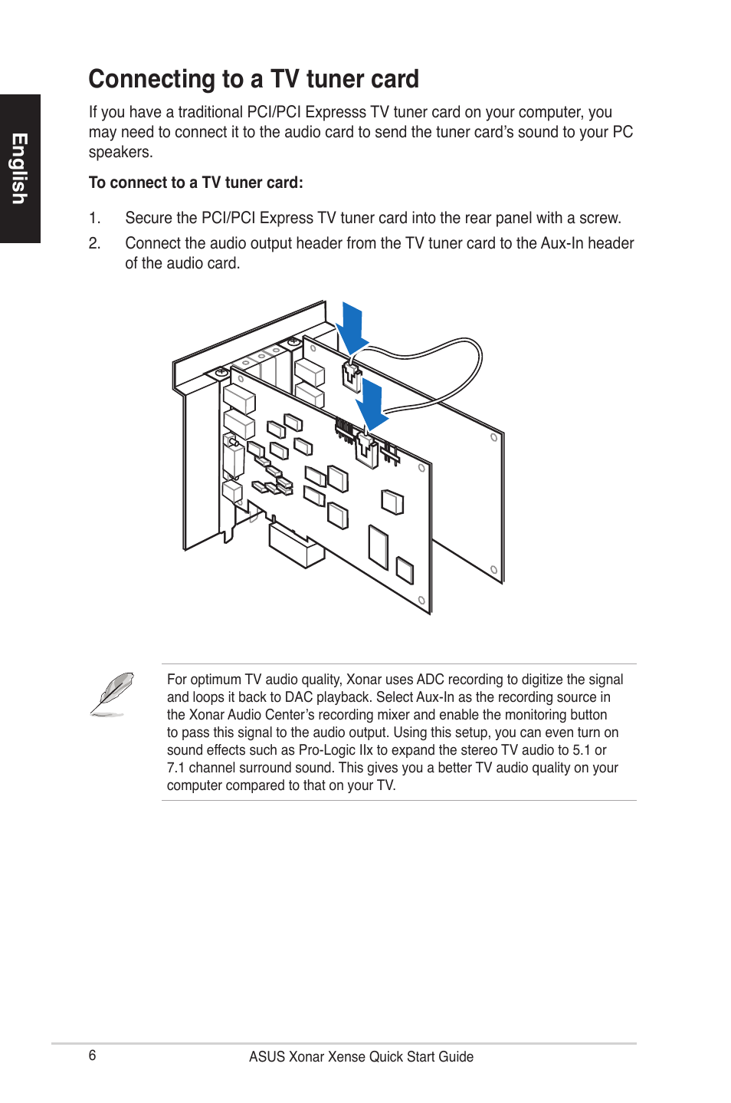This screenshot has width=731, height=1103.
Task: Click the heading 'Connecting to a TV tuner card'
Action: [x=254, y=79]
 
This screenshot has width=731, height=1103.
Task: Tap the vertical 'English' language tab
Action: [x=20, y=169]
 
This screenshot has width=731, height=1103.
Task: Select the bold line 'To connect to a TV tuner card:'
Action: [x=196, y=183]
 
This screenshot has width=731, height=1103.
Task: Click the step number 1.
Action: [x=94, y=218]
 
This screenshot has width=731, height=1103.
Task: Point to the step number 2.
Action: [x=94, y=243]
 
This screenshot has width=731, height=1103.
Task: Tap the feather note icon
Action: [x=112, y=694]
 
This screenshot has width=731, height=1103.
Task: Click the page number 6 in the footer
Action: [x=93, y=1055]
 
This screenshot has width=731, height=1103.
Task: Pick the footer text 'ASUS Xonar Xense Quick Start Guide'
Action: [x=361, y=1057]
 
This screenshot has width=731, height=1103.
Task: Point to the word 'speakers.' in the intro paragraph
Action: [x=120, y=152]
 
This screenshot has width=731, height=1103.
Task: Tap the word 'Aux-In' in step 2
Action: [x=555, y=243]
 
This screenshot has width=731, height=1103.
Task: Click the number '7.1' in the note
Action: [x=175, y=768]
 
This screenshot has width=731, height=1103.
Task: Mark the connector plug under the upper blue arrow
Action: [x=352, y=377]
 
